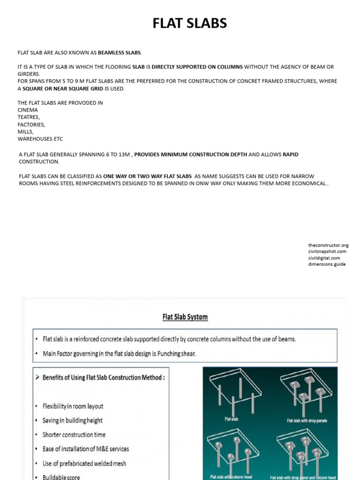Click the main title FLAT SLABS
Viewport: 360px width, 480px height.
pyautogui.click(x=189, y=23)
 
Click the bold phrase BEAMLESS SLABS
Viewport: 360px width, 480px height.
pyautogui.click(x=120, y=52)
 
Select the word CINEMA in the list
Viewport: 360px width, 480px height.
pyautogui.click(x=28, y=110)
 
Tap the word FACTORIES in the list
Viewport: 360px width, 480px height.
pyautogui.click(x=31, y=125)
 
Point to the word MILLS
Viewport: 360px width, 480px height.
pyautogui.click(x=26, y=132)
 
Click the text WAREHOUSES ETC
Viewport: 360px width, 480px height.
pyautogui.click(x=40, y=139)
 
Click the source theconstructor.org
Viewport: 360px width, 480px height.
pyautogui.click(x=328, y=245)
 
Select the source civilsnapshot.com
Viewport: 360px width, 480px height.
pyautogui.click(x=327, y=252)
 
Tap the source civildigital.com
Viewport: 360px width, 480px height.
pyautogui.click(x=324, y=258)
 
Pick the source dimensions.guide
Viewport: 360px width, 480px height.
pyautogui.click(x=327, y=264)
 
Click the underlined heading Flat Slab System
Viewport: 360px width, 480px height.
pyautogui.click(x=185, y=317)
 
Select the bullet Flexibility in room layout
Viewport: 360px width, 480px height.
pyautogui.click(x=73, y=406)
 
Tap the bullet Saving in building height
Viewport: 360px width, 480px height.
pyautogui.click(x=72, y=420)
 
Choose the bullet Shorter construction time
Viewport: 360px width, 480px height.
pyautogui.click(x=74, y=435)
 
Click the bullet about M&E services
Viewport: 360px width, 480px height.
pyautogui.click(x=85, y=449)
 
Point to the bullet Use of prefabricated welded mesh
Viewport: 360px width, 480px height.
pyautogui.click(x=84, y=463)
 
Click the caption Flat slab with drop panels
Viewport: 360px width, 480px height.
pyautogui.click(x=307, y=420)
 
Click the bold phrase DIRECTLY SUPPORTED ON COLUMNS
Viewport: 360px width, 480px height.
pyautogui.click(x=197, y=67)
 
